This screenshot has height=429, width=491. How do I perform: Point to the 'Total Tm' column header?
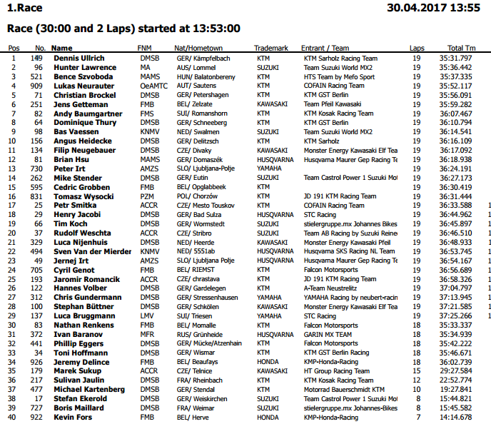461,48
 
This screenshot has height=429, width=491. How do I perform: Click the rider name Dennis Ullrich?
79,58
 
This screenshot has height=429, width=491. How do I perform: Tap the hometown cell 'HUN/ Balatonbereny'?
207,76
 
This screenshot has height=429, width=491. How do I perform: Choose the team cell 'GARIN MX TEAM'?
328,334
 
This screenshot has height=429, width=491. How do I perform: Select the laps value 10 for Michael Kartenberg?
417,389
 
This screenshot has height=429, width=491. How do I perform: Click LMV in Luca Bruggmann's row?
148,316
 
